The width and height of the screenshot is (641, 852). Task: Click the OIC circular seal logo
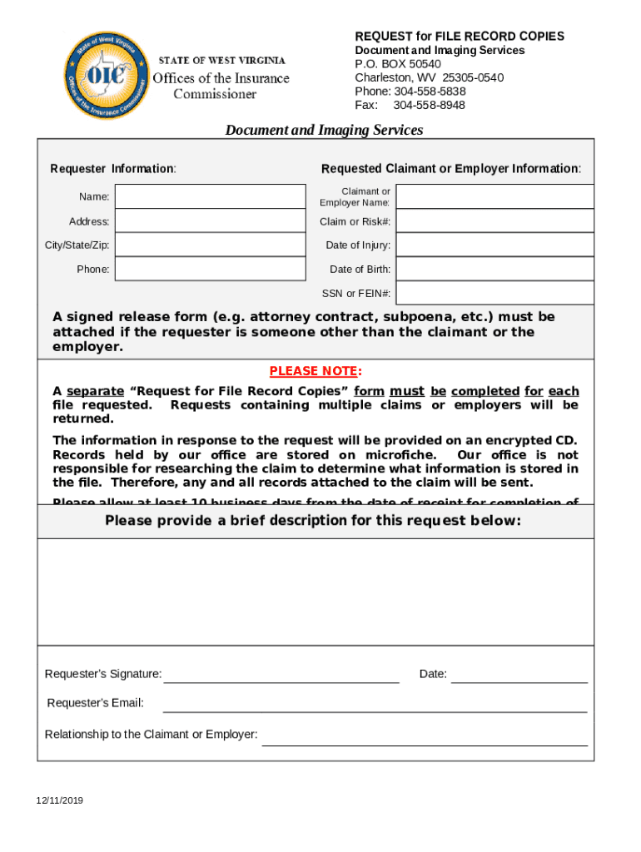click(106, 76)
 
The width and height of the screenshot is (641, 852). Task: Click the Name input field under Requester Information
click(210, 196)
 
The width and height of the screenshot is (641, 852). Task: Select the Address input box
click(210, 221)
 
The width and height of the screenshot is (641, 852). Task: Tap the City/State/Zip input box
click(210, 245)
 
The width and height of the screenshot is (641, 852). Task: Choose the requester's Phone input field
click(210, 269)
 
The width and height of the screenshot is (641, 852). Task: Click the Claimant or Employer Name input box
click(494, 196)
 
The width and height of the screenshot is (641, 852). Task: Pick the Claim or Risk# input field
click(494, 221)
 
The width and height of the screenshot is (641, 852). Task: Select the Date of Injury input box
click(494, 245)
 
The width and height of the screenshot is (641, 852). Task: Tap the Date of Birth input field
click(494, 269)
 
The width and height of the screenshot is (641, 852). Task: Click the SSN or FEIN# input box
click(494, 293)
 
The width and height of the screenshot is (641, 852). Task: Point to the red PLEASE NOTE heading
click(316, 371)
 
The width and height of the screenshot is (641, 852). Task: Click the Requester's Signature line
click(281, 675)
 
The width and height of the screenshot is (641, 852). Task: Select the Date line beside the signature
click(519, 675)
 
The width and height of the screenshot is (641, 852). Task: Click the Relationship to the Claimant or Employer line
click(425, 737)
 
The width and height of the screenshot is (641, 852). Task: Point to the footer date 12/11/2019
click(59, 801)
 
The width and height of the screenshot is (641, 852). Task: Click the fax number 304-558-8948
click(429, 105)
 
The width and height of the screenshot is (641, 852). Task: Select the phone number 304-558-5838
click(429, 92)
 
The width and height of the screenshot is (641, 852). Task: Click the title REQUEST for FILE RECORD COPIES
click(460, 37)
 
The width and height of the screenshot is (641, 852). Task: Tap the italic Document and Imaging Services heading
click(324, 130)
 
